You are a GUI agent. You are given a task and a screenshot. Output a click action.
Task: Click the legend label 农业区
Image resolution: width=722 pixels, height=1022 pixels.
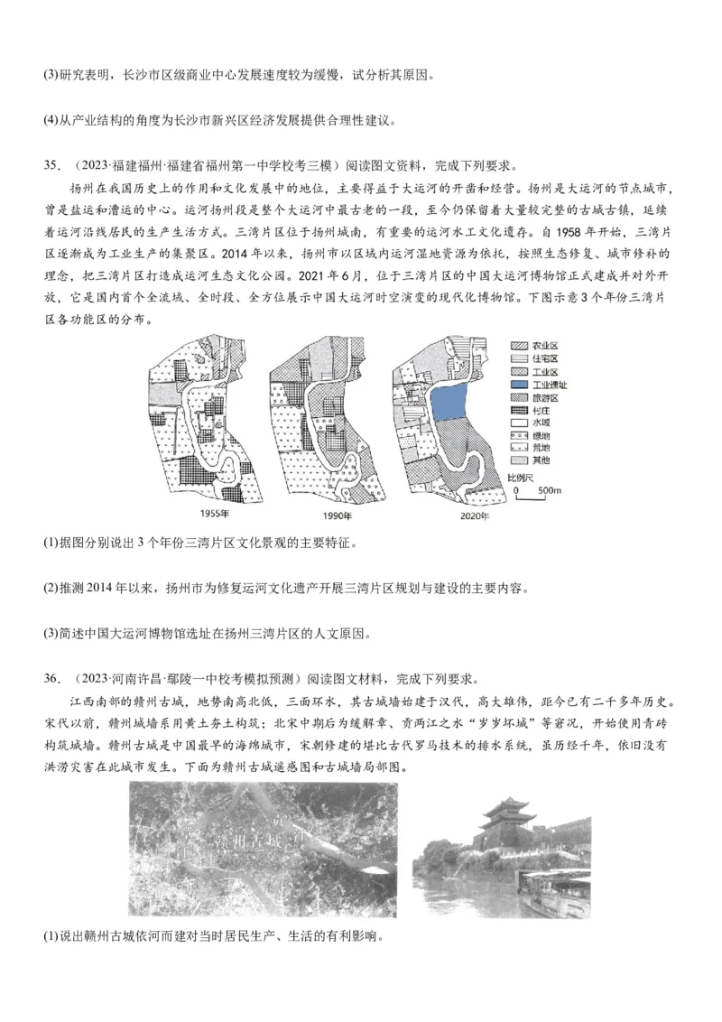(546, 347)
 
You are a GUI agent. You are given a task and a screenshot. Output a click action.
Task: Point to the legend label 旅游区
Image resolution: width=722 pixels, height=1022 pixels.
(546, 397)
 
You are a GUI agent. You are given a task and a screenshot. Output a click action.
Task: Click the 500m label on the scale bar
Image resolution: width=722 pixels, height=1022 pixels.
(550, 491)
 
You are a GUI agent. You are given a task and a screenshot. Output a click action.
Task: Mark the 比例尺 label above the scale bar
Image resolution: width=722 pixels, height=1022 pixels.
(521, 476)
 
